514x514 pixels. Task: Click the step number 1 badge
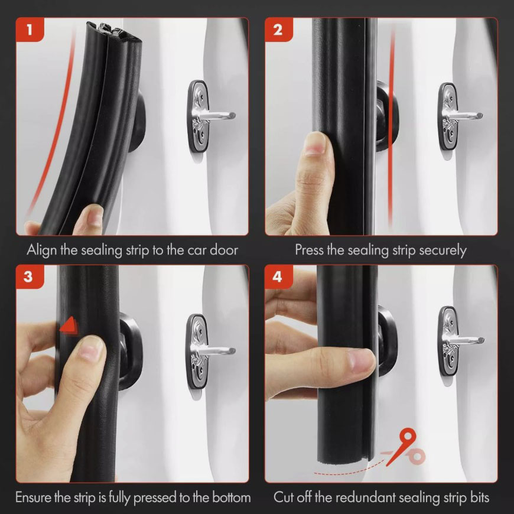tap(30, 30)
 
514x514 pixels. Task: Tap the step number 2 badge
tap(278, 30)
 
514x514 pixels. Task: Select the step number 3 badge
tap(29, 276)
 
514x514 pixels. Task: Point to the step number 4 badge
tap(278, 276)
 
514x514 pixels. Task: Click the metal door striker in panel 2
tap(458, 116)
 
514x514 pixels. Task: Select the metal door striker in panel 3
tap(208, 352)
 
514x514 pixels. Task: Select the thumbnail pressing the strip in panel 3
tap(90, 348)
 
